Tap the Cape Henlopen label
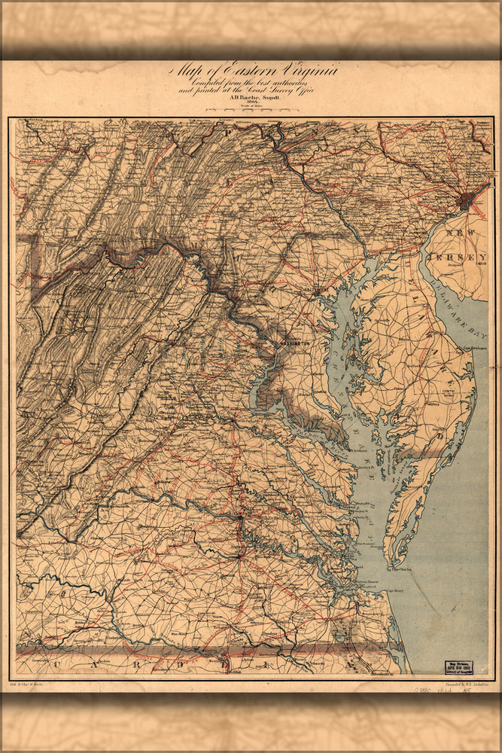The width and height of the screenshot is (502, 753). coord(470,348)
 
